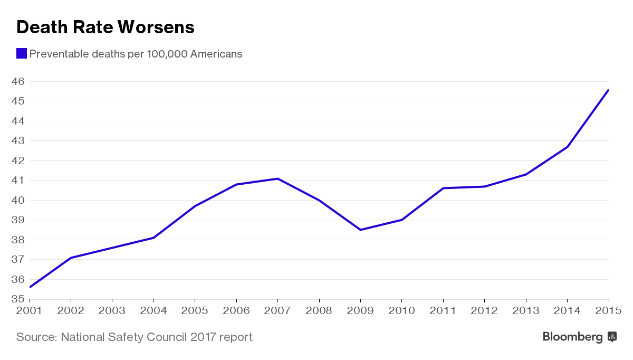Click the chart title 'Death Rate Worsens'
(x=105, y=27)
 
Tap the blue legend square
(x=22, y=53)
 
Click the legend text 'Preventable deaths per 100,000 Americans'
(x=136, y=54)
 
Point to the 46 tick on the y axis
(x=18, y=82)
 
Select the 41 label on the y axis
(x=18, y=181)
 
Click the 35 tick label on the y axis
(x=18, y=299)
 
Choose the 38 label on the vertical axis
(x=18, y=240)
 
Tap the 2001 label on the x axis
(x=29, y=311)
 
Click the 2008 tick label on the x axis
(x=319, y=311)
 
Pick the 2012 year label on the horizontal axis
(x=485, y=311)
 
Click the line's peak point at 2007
(x=277, y=178)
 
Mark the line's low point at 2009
(x=360, y=230)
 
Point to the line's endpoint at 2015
(x=608, y=90)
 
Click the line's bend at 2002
(x=71, y=258)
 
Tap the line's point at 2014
(x=567, y=147)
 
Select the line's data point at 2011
(x=443, y=188)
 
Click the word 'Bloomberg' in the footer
(x=573, y=337)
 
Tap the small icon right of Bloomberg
(x=612, y=337)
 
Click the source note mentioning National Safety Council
(x=134, y=337)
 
